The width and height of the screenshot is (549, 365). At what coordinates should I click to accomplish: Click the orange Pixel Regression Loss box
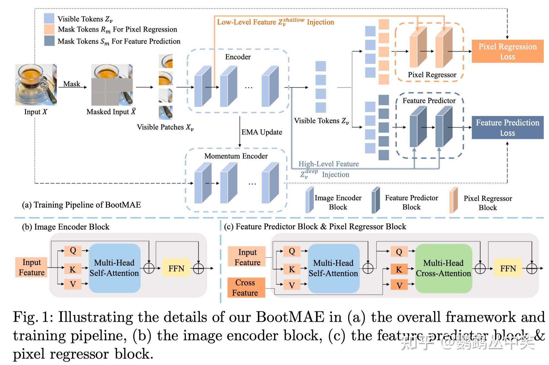tap(507, 51)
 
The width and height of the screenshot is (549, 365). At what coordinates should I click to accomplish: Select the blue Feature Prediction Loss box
tap(507, 127)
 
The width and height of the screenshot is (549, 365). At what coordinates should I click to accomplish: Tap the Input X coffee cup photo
tap(36, 85)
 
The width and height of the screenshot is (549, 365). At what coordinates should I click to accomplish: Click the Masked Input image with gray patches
tap(112, 85)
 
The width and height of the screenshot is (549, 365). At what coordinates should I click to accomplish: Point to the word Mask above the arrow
tap(72, 84)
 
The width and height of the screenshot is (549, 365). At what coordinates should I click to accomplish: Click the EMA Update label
tap(261, 132)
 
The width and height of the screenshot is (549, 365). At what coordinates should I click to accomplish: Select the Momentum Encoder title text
tap(236, 156)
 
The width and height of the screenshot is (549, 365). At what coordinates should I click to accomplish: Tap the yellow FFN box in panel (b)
tap(176, 268)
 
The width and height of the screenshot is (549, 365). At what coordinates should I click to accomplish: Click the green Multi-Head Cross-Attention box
tap(443, 268)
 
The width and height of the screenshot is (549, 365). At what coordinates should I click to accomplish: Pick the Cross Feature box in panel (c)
tap(246, 288)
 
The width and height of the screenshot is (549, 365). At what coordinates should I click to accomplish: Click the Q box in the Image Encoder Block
tap(73, 251)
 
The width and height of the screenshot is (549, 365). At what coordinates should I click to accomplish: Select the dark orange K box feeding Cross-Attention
tap(399, 269)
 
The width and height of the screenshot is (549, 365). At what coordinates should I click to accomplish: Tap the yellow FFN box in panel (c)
tap(508, 268)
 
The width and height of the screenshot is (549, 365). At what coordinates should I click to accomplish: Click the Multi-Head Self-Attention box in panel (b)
tap(114, 268)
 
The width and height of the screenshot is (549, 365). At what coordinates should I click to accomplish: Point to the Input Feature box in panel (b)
tap(31, 267)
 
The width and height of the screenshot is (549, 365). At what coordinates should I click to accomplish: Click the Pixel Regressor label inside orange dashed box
tap(432, 75)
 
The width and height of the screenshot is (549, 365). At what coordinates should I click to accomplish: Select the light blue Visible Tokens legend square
tap(49, 18)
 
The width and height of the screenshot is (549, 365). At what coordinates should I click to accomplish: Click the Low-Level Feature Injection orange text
tap(275, 22)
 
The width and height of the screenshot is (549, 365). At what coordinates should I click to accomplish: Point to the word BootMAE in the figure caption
tap(290, 317)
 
